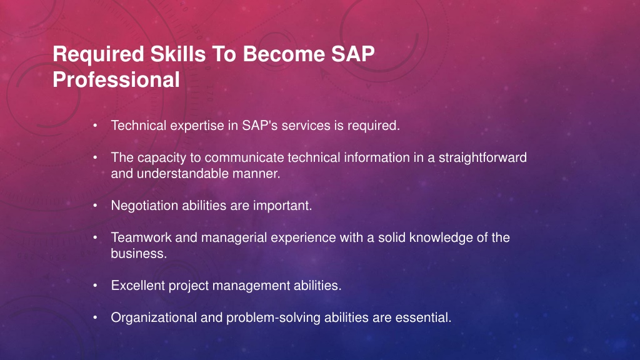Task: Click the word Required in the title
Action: click(98, 55)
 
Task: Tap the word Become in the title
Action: click(284, 54)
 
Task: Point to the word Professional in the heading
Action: click(116, 79)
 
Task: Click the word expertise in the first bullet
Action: click(197, 126)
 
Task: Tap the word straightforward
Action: click(482, 158)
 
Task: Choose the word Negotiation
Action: click(144, 206)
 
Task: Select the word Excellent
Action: click(138, 285)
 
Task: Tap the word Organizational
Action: click(154, 318)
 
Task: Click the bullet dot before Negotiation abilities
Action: click(95, 206)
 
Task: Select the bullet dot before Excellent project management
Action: click(95, 286)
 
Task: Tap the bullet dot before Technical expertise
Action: click(95, 126)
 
